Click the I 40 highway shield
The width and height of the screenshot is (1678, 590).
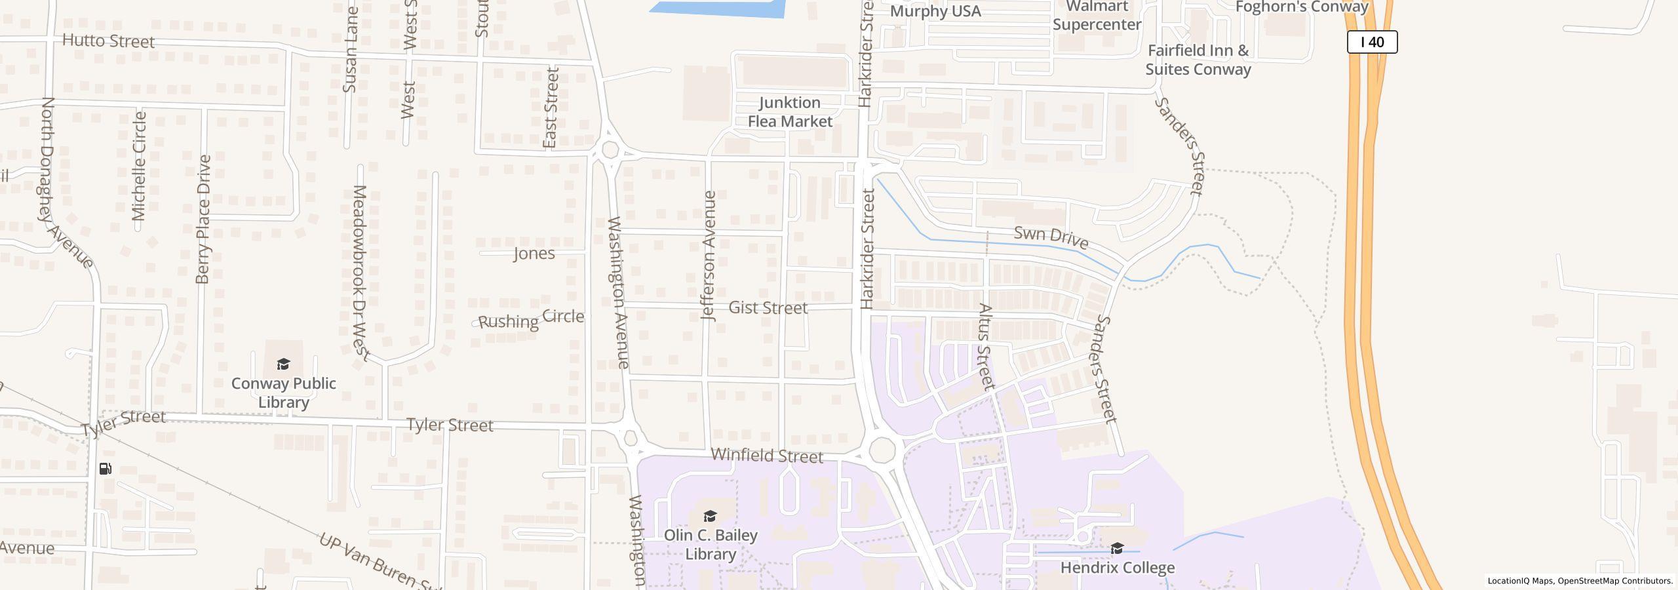pos(1372,42)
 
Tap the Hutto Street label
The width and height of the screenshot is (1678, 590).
pos(108,41)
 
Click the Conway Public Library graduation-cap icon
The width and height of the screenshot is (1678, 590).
pos(283,364)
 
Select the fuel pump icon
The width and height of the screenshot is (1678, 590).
pos(106,469)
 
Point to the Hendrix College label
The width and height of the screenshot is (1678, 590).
pos(1117,567)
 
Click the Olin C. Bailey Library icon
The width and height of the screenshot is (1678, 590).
pos(710,516)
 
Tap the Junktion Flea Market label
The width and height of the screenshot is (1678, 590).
pos(789,112)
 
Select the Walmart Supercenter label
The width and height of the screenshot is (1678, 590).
pos(1097,16)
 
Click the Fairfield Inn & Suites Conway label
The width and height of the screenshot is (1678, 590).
pos(1198,60)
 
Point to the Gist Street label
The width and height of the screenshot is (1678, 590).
pos(768,307)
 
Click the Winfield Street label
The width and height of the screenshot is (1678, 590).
pos(766,456)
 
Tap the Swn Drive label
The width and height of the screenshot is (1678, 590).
pos(1051,237)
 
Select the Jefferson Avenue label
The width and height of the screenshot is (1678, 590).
pos(709,256)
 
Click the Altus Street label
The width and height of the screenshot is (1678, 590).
pos(985,346)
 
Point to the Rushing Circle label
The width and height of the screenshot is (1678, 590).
pos(531,319)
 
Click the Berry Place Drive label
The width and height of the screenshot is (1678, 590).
pos(203,219)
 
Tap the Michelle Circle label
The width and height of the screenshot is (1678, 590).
pos(139,166)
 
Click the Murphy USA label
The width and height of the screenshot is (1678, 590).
pos(935,11)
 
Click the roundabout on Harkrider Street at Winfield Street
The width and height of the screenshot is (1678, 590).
pos(882,450)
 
